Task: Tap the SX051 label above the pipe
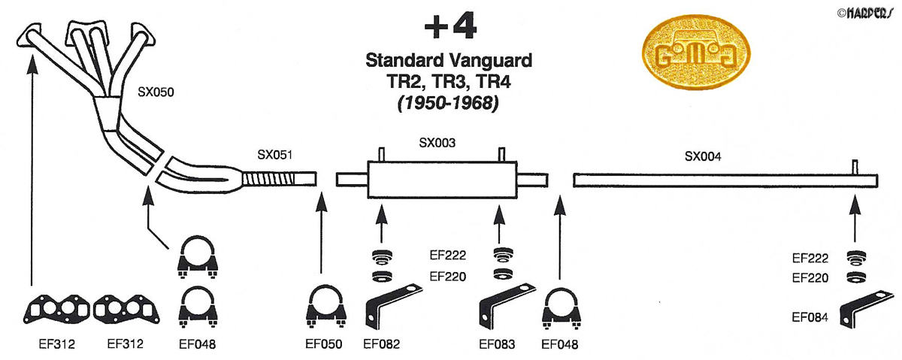coord(274,156)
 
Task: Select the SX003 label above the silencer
coord(437,142)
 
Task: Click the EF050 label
coord(324,345)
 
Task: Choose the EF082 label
coord(381,345)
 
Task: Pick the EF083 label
coord(498,345)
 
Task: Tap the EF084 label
coord(810,318)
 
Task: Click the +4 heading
coord(449,28)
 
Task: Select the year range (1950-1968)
coord(449,104)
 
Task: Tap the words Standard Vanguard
coord(449,59)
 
